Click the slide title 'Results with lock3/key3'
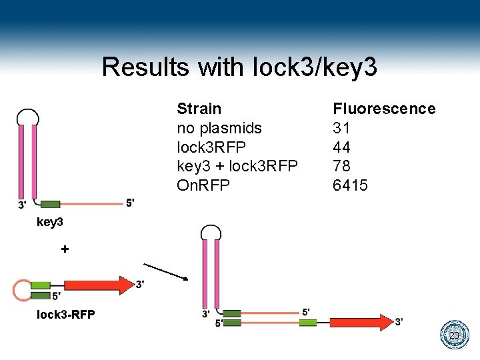tap(239, 67)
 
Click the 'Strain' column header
tap(199, 109)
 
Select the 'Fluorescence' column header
tap(384, 109)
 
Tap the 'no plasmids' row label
tap(219, 128)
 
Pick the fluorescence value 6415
tap(350, 185)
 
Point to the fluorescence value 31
tap(341, 128)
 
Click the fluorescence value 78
tap(341, 166)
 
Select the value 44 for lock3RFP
tap(341, 147)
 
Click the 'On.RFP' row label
tap(203, 185)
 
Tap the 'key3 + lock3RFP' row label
tap(237, 166)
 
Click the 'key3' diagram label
tap(49, 222)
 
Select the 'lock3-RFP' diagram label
tap(65, 315)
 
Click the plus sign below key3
tap(65, 249)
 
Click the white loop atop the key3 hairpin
tap(27, 117)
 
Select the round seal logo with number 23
tap(455, 335)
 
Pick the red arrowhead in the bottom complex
tap(385, 323)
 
